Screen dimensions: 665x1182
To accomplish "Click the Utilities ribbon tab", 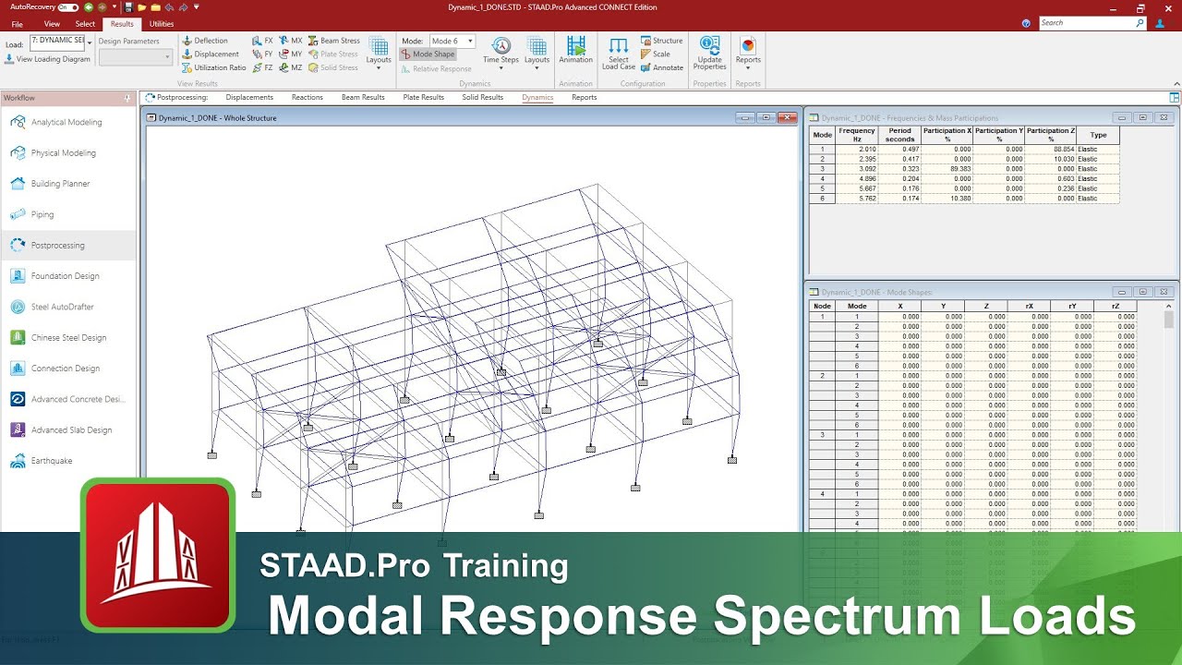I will pyautogui.click(x=162, y=24).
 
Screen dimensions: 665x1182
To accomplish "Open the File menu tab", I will pyautogui.click(x=17, y=24).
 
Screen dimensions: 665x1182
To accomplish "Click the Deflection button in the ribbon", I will pyautogui.click(x=205, y=41).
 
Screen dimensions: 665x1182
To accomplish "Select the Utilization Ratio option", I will pyautogui.click(x=213, y=67).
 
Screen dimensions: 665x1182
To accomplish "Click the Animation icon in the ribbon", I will pyautogui.click(x=575, y=51).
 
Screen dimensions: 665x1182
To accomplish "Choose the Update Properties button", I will pyautogui.click(x=709, y=54).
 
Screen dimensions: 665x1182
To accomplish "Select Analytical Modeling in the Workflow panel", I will pyautogui.click(x=66, y=122).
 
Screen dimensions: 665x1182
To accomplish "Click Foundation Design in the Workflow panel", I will pyautogui.click(x=65, y=276).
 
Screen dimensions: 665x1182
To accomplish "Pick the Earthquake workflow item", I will pyautogui.click(x=52, y=461).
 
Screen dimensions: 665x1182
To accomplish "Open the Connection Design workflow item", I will pyautogui.click(x=65, y=369).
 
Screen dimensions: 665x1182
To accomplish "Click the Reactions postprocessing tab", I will pyautogui.click(x=307, y=97).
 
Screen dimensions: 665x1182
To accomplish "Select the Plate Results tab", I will pyautogui.click(x=423, y=97).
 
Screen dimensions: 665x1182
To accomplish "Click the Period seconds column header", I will pyautogui.click(x=899, y=135).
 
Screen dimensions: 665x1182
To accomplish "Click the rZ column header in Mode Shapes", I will pyautogui.click(x=1116, y=306).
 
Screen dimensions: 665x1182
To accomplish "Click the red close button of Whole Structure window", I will pyautogui.click(x=787, y=117).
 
